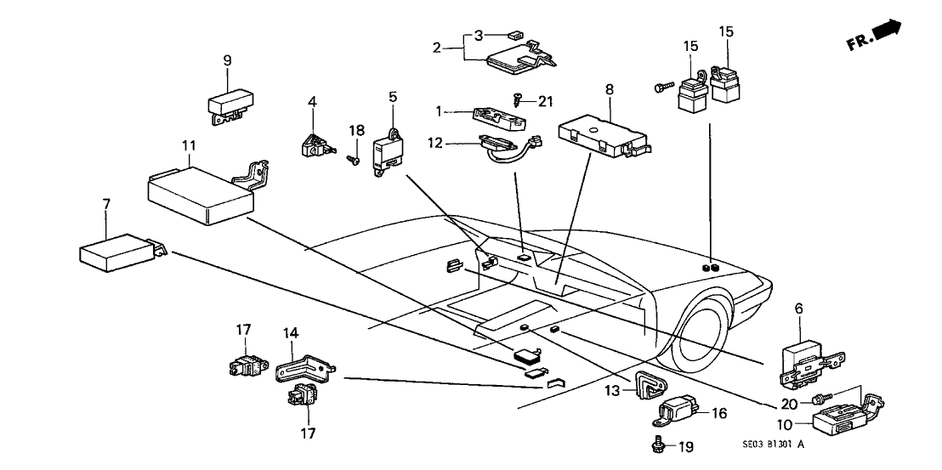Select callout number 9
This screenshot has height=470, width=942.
pyautogui.click(x=227, y=60)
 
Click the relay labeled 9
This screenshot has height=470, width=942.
pyautogui.click(x=227, y=104)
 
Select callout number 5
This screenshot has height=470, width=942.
pyautogui.click(x=393, y=97)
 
